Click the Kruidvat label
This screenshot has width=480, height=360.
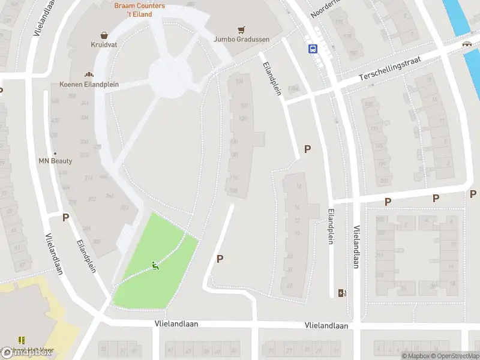point(104,45)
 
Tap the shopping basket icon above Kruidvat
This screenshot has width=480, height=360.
point(104,35)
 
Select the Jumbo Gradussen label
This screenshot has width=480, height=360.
point(241,40)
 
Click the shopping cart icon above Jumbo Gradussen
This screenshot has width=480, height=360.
point(241,29)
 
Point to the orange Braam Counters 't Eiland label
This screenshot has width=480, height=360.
point(139,10)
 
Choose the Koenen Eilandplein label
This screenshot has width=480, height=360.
point(89,85)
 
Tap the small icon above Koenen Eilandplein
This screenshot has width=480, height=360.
point(89,75)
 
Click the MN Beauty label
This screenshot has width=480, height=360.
point(55,161)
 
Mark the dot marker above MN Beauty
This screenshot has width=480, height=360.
point(55,153)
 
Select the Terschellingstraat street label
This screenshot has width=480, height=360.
point(391,70)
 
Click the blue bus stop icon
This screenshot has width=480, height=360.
point(313,49)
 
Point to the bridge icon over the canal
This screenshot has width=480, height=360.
point(466,44)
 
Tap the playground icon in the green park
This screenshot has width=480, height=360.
point(155,266)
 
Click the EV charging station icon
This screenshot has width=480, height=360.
point(343,293)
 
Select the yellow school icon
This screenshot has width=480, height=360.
point(22,340)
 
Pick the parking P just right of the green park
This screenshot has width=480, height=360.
point(220,259)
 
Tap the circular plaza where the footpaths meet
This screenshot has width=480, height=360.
point(170,76)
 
